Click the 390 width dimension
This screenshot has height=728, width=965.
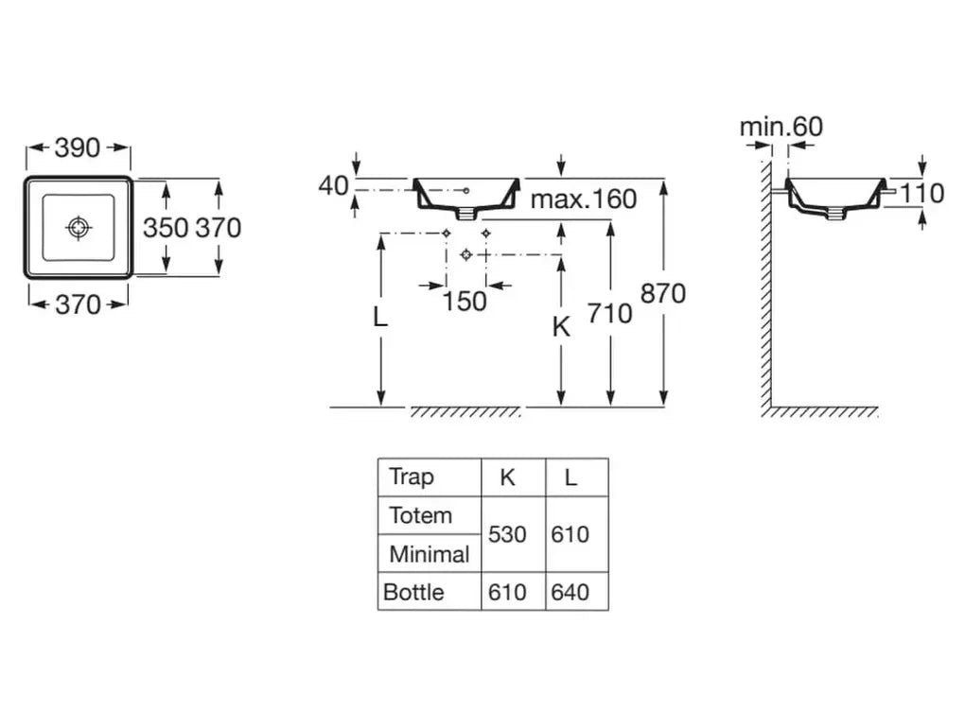tap(78, 147)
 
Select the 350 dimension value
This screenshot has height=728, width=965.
tap(166, 228)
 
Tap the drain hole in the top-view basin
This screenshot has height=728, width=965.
tap(78, 227)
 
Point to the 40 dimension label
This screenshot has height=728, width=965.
tap(333, 186)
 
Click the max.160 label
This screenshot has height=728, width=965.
tap(583, 199)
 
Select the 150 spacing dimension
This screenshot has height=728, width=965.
tap(465, 301)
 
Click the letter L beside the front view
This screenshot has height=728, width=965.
tap(379, 319)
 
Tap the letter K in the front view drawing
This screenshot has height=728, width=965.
tap(561, 327)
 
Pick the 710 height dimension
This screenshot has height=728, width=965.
tap(609, 312)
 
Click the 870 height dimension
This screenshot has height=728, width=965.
tap(663, 294)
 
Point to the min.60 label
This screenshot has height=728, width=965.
tap(781, 126)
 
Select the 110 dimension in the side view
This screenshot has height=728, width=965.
tap(921, 193)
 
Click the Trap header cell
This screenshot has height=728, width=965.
tap(412, 477)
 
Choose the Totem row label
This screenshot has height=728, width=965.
tap(420, 516)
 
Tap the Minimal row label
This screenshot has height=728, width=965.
tap(429, 554)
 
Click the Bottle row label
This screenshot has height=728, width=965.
tap(413, 593)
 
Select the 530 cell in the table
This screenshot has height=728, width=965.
tap(507, 535)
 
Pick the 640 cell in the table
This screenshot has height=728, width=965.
tap(570, 593)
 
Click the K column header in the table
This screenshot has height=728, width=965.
tap(508, 477)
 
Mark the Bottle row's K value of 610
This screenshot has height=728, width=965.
tap(507, 593)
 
